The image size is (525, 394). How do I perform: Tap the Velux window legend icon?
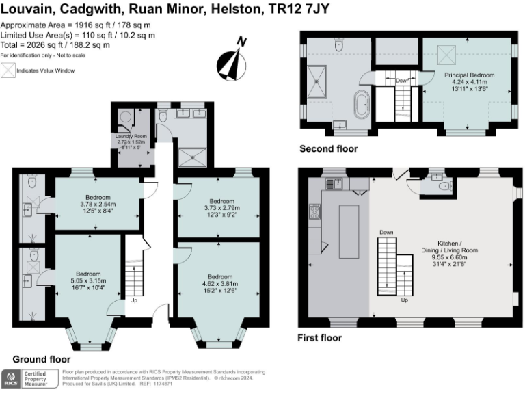(x=8, y=70)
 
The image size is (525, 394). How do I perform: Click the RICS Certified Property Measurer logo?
(x=31, y=378)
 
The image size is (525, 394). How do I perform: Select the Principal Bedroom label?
(x=469, y=74)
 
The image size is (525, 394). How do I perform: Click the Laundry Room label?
(x=131, y=137)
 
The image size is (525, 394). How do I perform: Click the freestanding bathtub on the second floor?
(x=361, y=107)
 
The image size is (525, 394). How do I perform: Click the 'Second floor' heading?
(x=328, y=148)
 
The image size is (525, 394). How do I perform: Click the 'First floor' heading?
(x=320, y=338)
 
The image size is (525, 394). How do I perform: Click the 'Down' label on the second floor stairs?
(x=403, y=80)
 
